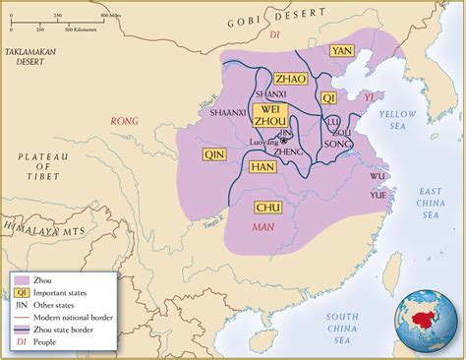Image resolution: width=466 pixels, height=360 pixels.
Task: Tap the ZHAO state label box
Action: click(291, 78)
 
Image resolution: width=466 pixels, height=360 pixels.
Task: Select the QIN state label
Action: click(213, 154)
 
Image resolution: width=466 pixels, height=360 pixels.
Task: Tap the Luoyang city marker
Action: click(284, 141)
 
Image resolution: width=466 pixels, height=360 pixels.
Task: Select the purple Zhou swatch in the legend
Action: click(21, 281)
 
